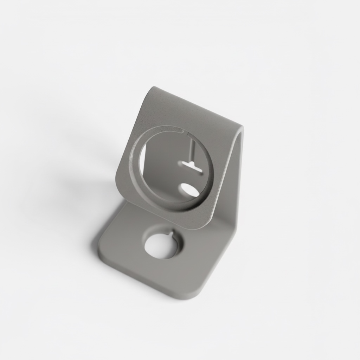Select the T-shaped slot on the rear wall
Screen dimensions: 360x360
(x=192, y=166)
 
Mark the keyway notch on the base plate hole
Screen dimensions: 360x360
(x=170, y=233)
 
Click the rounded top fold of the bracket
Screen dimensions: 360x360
(x=197, y=105)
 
